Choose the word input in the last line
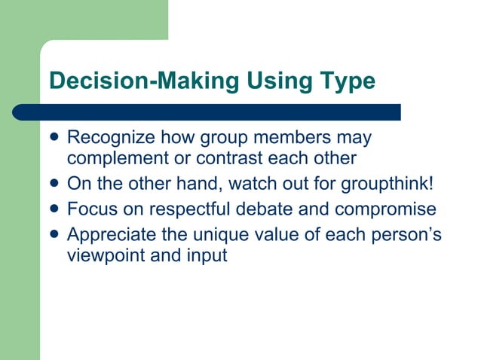[x=205, y=255]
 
